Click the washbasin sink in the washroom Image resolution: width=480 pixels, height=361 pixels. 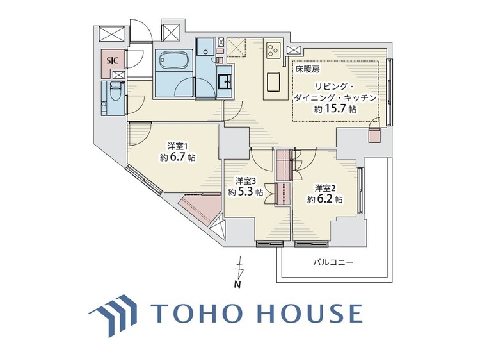225,81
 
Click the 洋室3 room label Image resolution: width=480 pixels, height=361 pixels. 246,180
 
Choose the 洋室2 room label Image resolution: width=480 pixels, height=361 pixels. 324,187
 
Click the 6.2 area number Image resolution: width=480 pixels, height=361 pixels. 328,199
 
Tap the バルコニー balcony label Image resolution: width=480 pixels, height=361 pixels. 333,262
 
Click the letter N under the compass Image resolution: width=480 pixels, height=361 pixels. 237,285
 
